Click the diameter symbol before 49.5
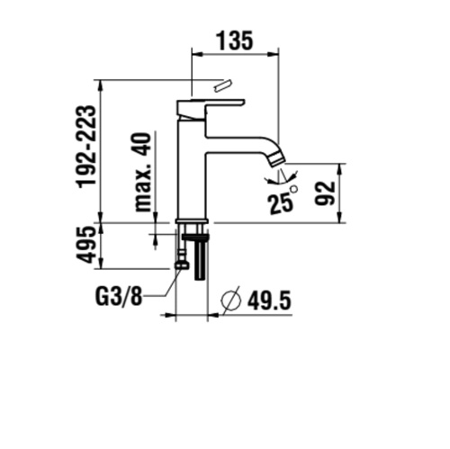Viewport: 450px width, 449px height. (230, 300)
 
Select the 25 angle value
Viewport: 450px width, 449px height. (280, 202)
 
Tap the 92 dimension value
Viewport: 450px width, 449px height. (325, 192)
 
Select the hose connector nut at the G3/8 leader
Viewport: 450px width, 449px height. (183, 264)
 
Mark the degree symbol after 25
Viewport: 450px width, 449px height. (294, 190)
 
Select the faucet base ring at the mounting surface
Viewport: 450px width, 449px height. (192, 221)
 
